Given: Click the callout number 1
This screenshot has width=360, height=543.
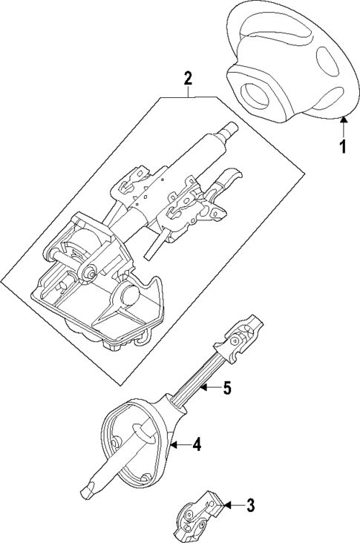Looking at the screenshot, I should click(x=343, y=147).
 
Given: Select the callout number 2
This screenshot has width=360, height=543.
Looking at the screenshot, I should click(x=189, y=79).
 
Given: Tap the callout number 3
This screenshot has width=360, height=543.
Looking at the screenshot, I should click(x=250, y=507).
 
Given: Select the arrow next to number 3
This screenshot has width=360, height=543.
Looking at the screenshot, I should click(x=230, y=506).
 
